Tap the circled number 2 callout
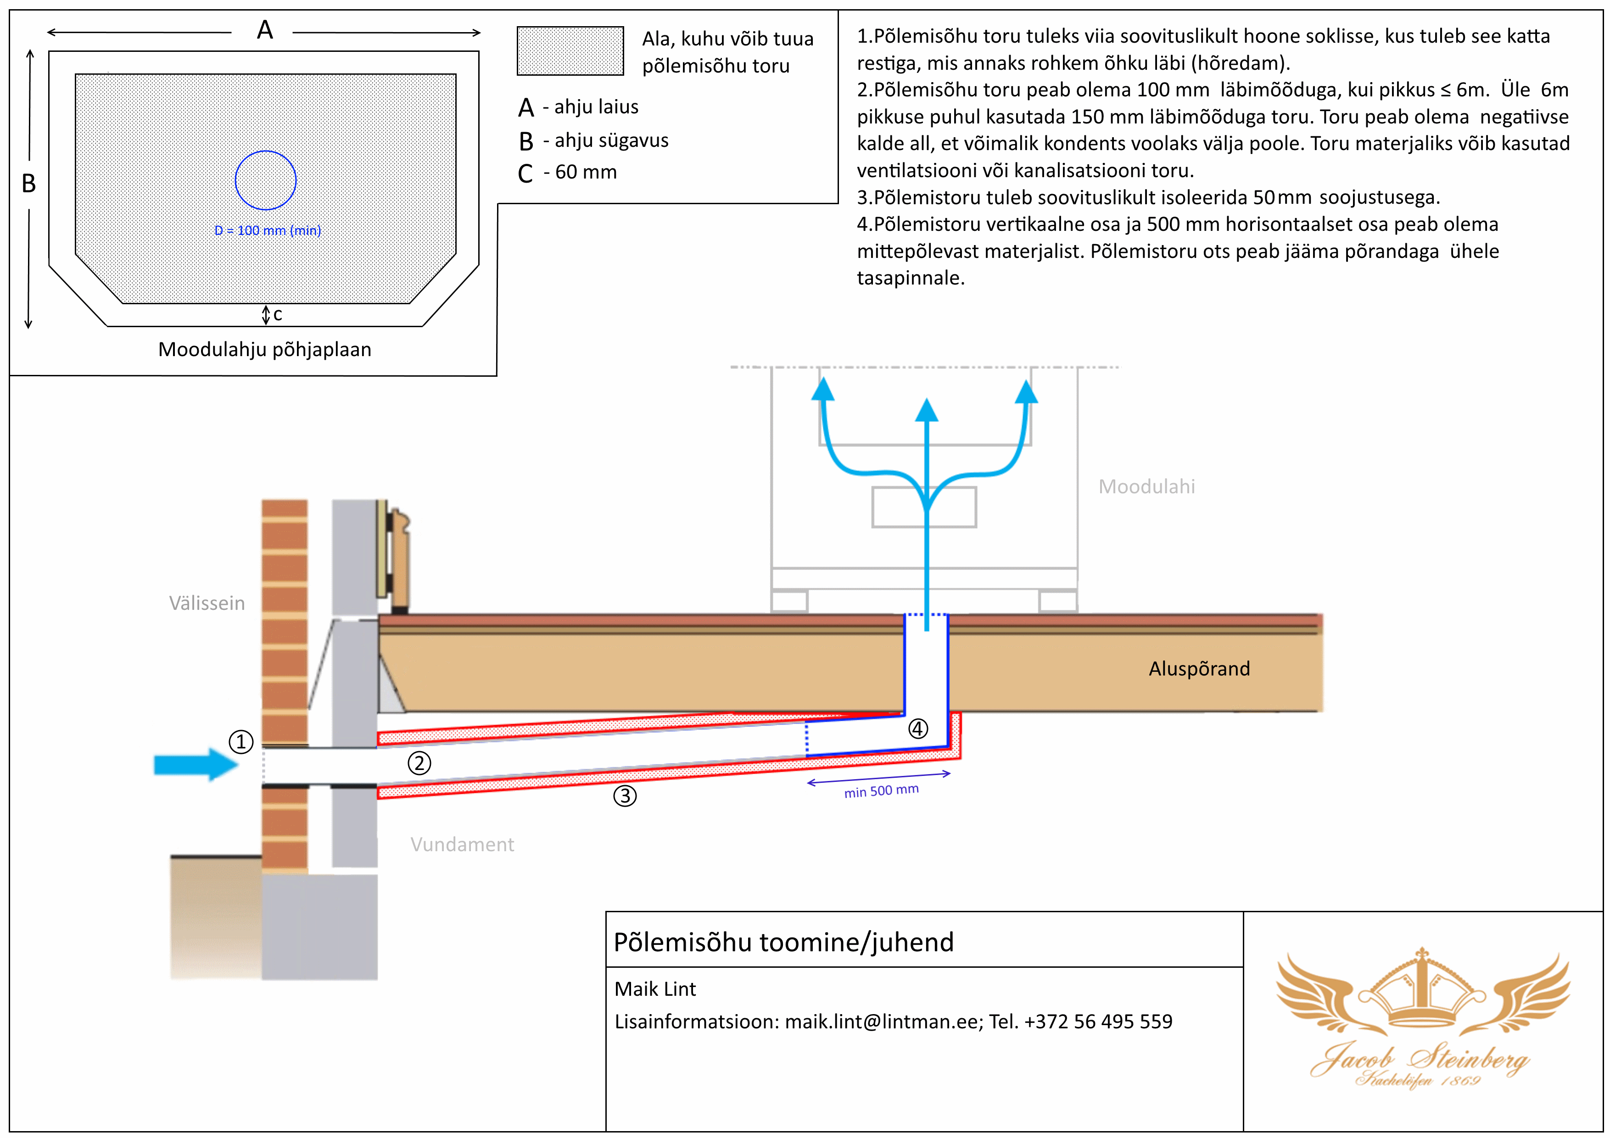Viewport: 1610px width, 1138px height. [419, 763]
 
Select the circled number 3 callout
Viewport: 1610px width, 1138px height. [625, 796]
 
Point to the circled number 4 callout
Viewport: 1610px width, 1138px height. [918, 729]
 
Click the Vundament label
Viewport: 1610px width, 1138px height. [462, 844]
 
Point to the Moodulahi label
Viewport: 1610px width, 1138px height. [1146, 486]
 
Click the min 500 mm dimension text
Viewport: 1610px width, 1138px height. [882, 791]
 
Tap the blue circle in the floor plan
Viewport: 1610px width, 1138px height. [266, 180]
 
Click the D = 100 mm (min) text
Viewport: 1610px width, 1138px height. [268, 231]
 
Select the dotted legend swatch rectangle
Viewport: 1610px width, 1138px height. [570, 50]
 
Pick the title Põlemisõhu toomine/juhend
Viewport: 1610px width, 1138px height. [783, 942]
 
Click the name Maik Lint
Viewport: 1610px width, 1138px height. [655, 989]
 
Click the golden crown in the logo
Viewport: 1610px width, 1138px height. [1422, 989]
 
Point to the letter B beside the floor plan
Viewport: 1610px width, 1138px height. [29, 183]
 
